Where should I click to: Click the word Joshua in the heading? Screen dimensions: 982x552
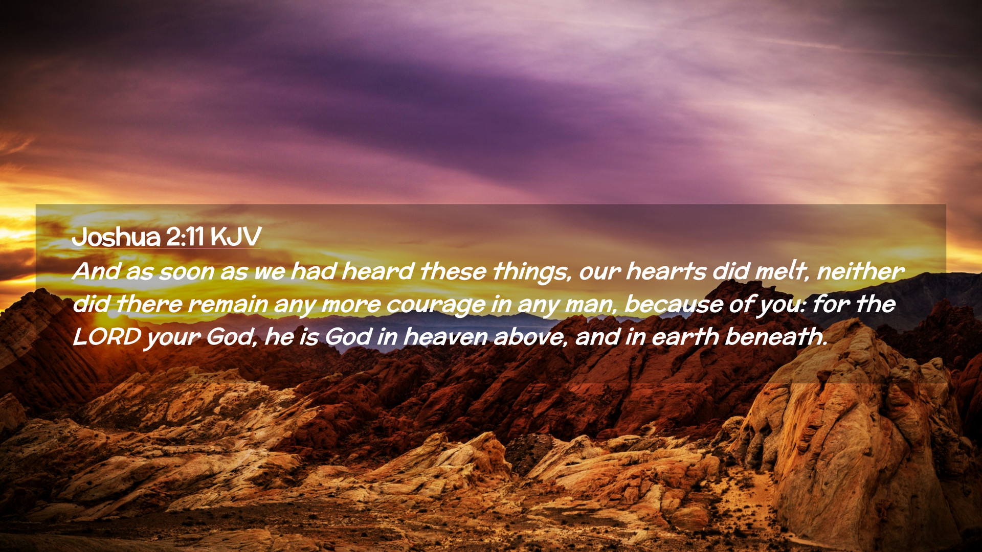(116, 237)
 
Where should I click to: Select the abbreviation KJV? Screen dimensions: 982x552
(235, 237)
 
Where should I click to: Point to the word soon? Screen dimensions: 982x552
(186, 271)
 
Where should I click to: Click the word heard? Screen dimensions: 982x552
(377, 271)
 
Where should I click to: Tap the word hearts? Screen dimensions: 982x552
(666, 271)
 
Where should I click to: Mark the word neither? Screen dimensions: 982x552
(861, 271)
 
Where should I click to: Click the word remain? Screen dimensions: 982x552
(228, 305)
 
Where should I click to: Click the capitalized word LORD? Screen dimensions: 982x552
(107, 337)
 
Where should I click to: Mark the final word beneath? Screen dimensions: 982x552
(776, 337)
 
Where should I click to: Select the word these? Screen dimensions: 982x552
(453, 271)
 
